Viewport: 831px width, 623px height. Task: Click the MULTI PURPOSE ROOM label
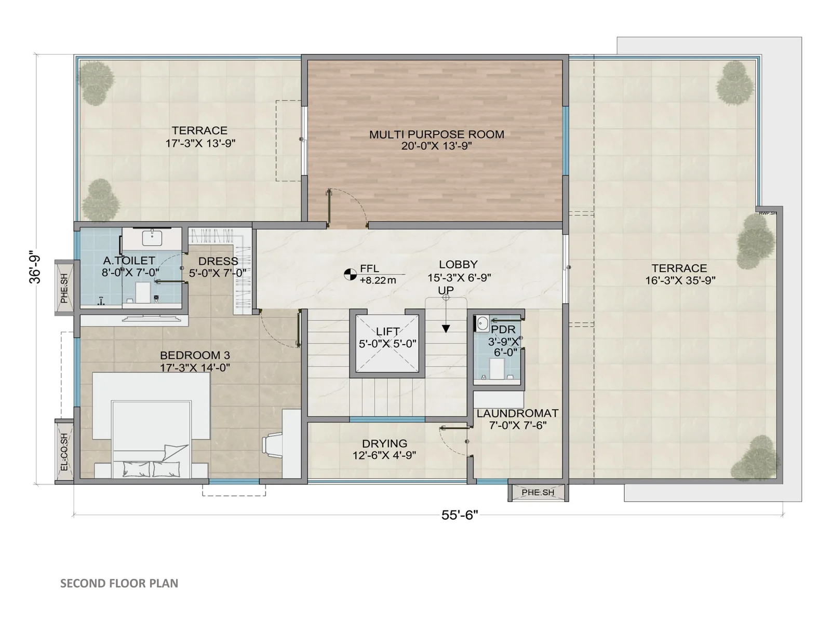coord(436,134)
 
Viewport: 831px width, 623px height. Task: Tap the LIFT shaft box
coord(387,343)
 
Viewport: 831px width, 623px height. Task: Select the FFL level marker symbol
coord(350,274)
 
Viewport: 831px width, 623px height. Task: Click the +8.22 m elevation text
coord(378,280)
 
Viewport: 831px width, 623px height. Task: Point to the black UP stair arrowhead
coord(446,329)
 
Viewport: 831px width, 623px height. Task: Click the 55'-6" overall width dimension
coord(460,515)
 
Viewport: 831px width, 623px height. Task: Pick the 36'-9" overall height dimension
coord(35,266)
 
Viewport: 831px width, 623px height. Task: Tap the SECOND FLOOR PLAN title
coord(119,583)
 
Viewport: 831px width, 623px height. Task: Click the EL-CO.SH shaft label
coord(64,452)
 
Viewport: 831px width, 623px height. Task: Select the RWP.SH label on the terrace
coord(768,213)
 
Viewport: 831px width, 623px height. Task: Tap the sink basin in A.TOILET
coord(152,238)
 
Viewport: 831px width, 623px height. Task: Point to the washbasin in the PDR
coord(482,324)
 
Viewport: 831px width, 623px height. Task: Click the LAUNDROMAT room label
coord(517,413)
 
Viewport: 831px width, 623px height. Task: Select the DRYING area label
coord(385,443)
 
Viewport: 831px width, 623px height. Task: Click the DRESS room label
coord(218,261)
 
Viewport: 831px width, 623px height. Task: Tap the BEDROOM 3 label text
coord(195,355)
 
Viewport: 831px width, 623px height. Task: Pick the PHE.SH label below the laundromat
coord(538,492)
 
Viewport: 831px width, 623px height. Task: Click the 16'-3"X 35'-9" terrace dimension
coord(680,280)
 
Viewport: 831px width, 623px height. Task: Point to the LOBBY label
coord(458,264)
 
